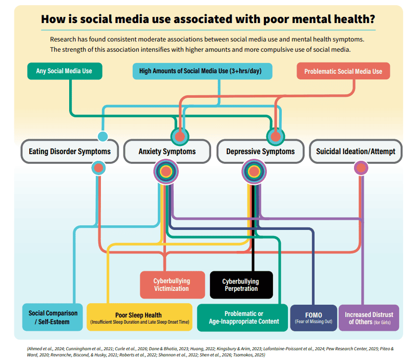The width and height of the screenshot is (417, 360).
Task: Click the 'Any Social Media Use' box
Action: point(65,71)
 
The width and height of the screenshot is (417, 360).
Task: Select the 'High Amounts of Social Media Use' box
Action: point(202,71)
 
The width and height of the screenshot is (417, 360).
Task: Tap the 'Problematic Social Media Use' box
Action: point(343,71)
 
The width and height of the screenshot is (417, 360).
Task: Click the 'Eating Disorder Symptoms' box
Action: point(70,151)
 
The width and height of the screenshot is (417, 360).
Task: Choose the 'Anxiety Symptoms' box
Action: point(167,151)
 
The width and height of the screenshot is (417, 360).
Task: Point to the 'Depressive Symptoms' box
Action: point(260,151)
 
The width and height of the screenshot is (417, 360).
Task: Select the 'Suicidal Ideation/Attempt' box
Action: point(356,151)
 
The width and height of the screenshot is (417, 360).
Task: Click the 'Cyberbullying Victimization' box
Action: point(172,285)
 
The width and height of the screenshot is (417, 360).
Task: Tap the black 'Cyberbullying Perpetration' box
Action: point(241,285)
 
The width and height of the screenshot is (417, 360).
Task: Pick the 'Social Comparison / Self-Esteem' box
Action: point(53,317)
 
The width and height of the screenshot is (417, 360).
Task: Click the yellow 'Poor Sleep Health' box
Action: point(139,317)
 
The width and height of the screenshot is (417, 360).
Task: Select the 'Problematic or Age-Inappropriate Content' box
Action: point(242,317)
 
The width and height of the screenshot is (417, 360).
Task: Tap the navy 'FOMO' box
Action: point(314,317)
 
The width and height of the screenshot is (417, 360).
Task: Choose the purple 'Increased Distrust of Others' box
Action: point(369,317)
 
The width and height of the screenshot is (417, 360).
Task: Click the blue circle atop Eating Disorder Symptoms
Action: point(102,136)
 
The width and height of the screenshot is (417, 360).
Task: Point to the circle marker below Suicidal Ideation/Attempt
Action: point(361,168)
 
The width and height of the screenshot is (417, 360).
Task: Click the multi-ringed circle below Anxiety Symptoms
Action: point(166,172)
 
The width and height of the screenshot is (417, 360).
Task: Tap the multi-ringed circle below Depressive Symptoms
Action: point(254,172)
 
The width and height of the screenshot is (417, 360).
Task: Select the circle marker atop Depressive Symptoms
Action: point(276,137)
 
